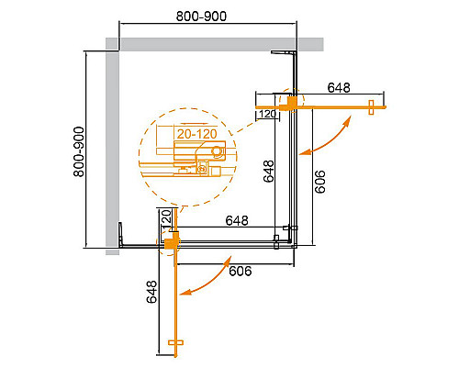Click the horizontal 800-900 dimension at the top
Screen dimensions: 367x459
coord(203,16)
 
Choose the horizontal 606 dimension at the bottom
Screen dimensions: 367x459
coord(241,271)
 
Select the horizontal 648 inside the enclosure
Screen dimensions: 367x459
coord(240,221)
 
